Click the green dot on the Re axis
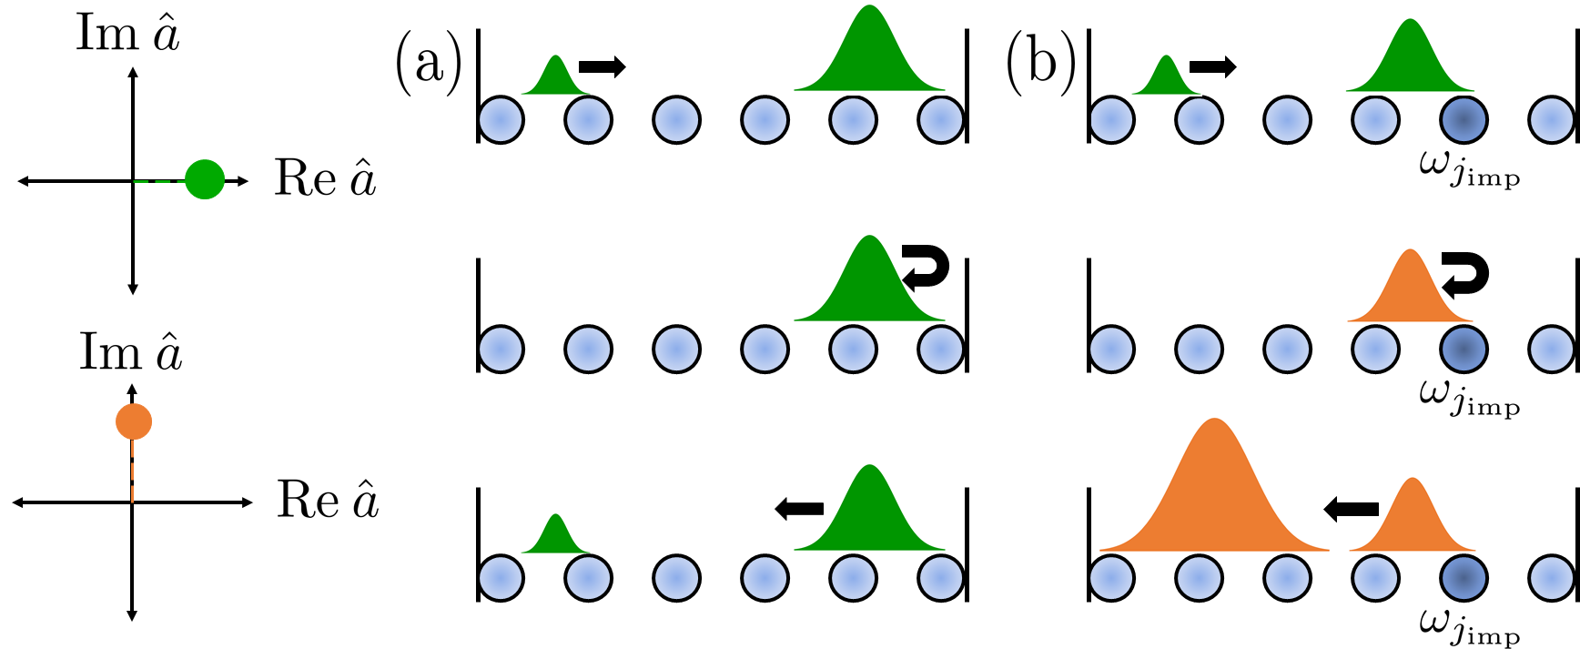coord(205,179)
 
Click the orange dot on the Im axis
coord(134,421)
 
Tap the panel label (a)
coord(428,64)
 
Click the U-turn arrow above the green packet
coord(927,268)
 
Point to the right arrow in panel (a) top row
coord(603,66)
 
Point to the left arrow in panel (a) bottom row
coord(799,509)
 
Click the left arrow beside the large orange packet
coord(1351,509)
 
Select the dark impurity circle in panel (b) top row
coord(1464,120)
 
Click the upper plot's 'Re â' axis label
coord(325,178)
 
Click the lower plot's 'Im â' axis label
coord(130,352)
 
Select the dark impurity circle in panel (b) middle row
coord(1464,350)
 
